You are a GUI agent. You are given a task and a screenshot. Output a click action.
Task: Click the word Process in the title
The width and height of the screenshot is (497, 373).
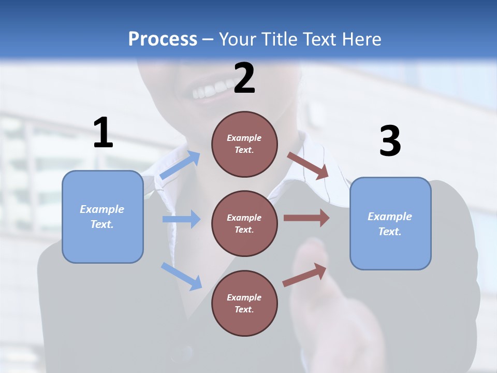click(x=163, y=39)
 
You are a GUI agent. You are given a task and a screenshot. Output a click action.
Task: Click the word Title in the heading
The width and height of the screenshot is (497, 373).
click(x=279, y=39)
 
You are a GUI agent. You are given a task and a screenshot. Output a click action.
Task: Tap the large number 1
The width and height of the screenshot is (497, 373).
click(x=103, y=133)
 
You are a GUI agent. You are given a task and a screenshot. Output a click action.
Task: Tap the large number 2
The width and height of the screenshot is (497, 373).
click(x=244, y=78)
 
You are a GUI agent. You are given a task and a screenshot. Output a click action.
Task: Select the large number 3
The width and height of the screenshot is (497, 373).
click(x=390, y=141)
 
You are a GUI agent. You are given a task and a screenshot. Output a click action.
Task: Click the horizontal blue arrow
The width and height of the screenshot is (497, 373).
click(x=181, y=219)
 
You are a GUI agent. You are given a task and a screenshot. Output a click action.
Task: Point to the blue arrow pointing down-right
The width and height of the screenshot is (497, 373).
click(x=181, y=276)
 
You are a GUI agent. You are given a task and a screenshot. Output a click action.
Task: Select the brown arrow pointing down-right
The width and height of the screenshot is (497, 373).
click(x=308, y=166)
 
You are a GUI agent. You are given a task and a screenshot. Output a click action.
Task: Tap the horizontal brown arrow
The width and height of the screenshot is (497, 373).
click(x=306, y=218)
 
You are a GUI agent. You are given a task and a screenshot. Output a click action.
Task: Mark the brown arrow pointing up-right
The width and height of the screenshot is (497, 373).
click(x=305, y=275)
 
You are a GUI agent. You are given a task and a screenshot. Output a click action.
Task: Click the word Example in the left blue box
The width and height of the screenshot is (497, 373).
click(x=102, y=209)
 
